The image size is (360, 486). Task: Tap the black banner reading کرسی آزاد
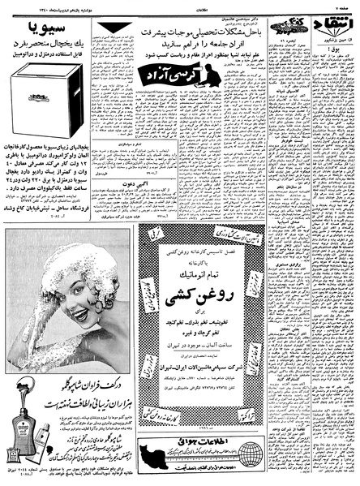click(181, 75)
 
